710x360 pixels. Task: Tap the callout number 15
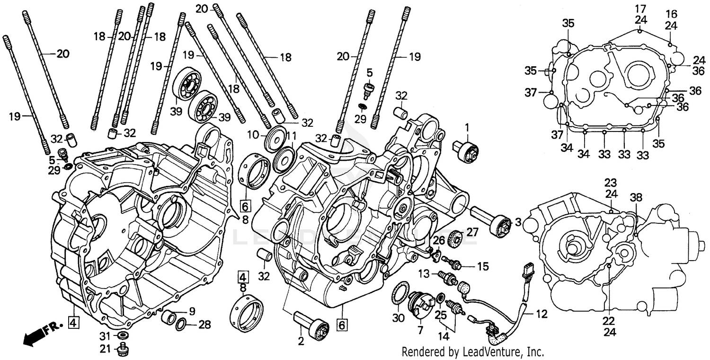(482, 266)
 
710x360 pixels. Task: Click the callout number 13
(423, 273)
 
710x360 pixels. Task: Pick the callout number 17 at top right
(640, 9)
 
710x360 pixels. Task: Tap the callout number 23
(610, 183)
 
